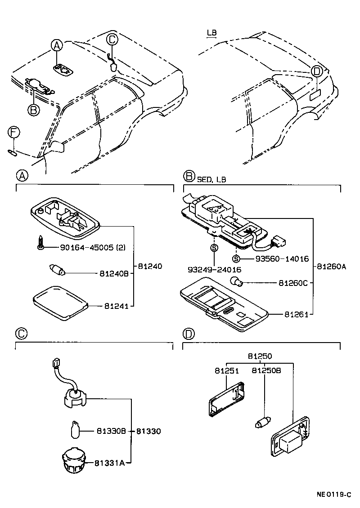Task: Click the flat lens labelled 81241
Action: pyautogui.click(x=60, y=303)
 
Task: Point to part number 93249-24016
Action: pyautogui.click(x=214, y=270)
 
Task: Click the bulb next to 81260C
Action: pyautogui.click(x=237, y=282)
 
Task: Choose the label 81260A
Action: pyautogui.click(x=331, y=266)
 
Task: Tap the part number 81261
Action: pyautogui.click(x=296, y=314)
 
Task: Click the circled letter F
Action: pyautogui.click(x=14, y=132)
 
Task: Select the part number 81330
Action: pyautogui.click(x=148, y=431)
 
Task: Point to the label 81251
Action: pyautogui.click(x=226, y=371)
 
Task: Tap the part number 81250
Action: pyautogui.click(x=260, y=356)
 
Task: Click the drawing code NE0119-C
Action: pyautogui.click(x=334, y=495)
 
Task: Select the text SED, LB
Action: pyautogui.click(x=211, y=179)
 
